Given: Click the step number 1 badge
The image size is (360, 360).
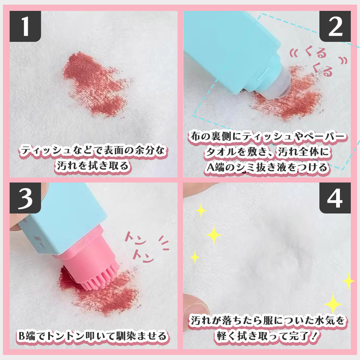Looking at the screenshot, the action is point(25,26).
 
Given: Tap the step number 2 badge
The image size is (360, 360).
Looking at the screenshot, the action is point(335,26).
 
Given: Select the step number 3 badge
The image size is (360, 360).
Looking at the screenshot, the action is point(25,198).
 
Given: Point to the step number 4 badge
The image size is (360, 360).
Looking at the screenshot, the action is point(335,198).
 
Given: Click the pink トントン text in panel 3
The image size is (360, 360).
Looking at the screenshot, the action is point(139,247).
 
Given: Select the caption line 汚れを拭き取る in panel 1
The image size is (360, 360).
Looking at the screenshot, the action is point(93,166).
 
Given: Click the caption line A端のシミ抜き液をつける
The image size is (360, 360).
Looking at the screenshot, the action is point(267,167).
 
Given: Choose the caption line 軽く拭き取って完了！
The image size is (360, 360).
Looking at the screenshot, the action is point(267,336).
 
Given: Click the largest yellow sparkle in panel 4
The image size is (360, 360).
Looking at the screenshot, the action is point(333,303).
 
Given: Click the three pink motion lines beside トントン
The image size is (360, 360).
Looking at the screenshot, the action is point(164,243).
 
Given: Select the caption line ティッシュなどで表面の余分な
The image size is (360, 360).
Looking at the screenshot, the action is point(93,151).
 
